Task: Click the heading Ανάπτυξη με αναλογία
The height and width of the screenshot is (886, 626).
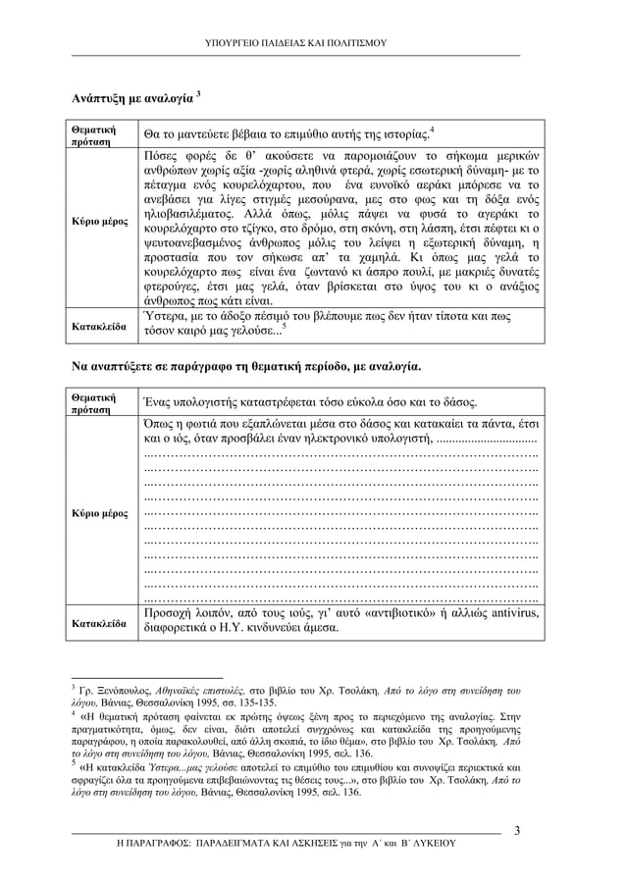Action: pyautogui.click(x=131, y=99)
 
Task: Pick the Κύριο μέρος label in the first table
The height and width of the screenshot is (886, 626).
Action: pyautogui.click(x=101, y=222)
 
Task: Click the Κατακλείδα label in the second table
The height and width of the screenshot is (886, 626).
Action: pyautogui.click(x=99, y=623)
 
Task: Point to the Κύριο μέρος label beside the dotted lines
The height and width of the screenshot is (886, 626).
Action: pyautogui.click(x=101, y=513)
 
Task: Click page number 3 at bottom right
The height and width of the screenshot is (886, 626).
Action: pyautogui.click(x=517, y=833)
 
